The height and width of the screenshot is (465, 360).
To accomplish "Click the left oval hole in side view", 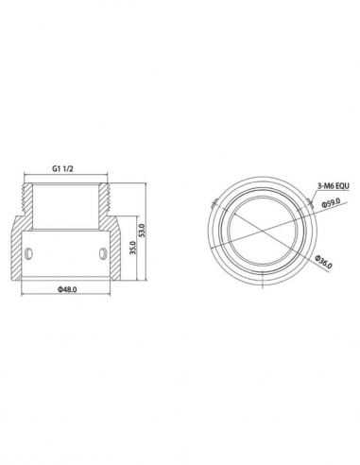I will (x=29, y=252).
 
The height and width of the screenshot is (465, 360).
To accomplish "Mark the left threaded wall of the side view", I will (x=29, y=205).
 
